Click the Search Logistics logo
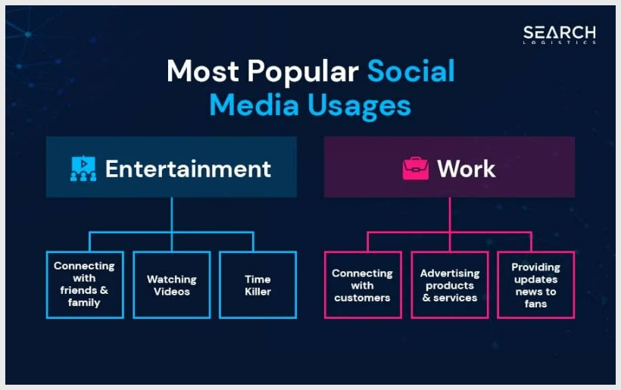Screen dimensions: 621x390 click(559, 35)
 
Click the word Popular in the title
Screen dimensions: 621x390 click(303, 72)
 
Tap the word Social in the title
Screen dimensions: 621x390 click(411, 71)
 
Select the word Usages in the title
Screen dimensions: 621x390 click(359, 106)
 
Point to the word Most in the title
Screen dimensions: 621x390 click(203, 71)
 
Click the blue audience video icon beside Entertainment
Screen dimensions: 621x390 click(83, 169)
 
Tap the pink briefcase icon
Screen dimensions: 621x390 click(416, 169)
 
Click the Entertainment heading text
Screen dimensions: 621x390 click(188, 169)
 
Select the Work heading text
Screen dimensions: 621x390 click(467, 169)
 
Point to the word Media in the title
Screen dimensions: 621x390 click(254, 105)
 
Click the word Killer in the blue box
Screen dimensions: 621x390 click(257, 292)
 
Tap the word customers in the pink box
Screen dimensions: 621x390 click(363, 298)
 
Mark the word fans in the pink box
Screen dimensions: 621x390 click(536, 304)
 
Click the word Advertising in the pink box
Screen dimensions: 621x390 click(450, 273)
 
